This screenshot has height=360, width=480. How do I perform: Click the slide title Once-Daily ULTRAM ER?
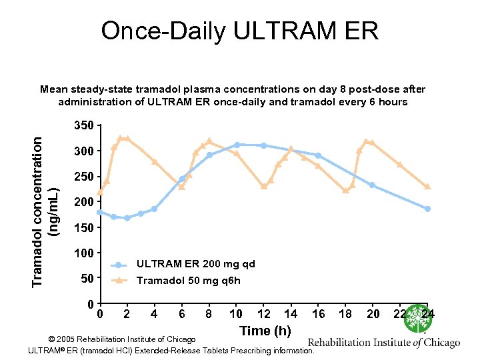point(239,31)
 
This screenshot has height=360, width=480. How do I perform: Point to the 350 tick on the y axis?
point(85,125)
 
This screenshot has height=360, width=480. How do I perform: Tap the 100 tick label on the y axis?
point(85,253)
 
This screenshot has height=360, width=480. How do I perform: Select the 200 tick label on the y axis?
point(85,202)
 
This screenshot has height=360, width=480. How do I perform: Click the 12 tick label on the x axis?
point(263,314)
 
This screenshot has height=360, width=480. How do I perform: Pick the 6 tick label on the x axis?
point(182,314)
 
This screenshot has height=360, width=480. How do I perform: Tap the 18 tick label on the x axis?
point(345,314)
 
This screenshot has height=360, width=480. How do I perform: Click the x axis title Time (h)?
point(265,331)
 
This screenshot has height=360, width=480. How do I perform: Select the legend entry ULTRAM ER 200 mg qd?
point(195,264)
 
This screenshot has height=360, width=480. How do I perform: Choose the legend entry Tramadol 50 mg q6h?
point(188,281)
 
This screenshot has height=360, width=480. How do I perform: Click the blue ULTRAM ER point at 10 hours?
point(237,145)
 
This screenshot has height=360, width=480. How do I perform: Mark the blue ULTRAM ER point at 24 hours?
point(427,209)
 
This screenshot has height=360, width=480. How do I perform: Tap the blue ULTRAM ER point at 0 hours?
point(100,212)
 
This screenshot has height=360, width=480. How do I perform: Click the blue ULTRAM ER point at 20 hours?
point(372,185)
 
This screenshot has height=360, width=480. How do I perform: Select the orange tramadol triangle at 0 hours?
point(100,193)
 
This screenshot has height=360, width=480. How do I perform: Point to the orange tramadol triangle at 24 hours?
point(427,187)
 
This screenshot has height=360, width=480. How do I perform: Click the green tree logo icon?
point(418,319)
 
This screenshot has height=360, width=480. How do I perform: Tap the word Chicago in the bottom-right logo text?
point(437,343)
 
